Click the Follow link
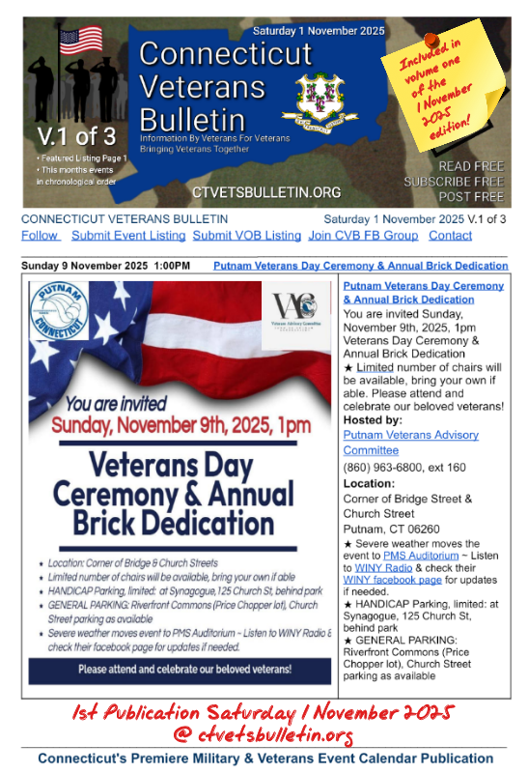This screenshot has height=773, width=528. click(39, 236)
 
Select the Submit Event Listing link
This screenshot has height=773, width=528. click(128, 236)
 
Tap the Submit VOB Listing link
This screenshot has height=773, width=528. click(246, 236)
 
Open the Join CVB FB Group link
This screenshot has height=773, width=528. click(363, 236)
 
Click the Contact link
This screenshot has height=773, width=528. click(450, 236)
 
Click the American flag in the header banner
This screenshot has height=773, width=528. click(80, 41)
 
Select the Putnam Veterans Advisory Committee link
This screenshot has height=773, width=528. click(410, 443)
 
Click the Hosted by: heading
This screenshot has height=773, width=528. click(373, 420)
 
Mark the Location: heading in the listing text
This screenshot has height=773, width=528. click(369, 483)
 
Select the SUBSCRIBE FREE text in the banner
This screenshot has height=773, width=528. click(454, 182)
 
